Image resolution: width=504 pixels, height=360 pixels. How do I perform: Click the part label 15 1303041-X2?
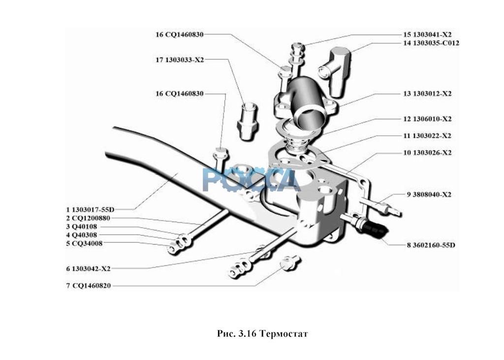point(427,34)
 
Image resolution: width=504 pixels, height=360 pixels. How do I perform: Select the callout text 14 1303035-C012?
point(431,43)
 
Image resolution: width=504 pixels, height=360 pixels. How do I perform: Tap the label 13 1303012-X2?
point(427,94)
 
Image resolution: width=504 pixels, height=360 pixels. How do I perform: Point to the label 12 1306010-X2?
point(427,119)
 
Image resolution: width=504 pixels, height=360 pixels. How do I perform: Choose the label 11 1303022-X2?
point(427,135)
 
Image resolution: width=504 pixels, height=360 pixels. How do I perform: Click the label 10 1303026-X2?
point(427,153)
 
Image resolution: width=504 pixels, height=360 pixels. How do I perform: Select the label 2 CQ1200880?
point(88,218)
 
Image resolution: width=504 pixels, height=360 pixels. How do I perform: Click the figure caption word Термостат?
point(284,334)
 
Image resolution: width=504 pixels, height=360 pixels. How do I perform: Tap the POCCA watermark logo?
point(251,180)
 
